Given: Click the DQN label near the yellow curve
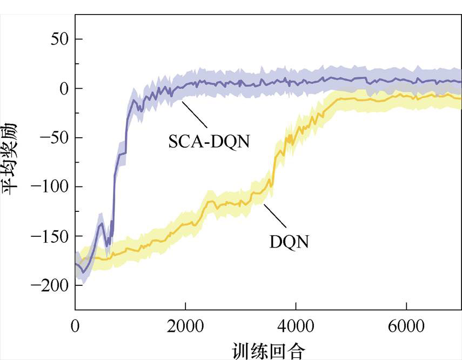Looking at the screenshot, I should click(x=289, y=242).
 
